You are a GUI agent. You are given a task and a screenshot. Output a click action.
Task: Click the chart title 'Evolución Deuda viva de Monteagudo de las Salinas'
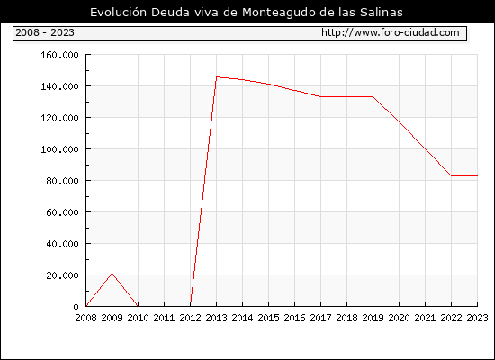click(x=247, y=13)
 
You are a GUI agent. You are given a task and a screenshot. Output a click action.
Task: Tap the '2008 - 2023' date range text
click(x=45, y=32)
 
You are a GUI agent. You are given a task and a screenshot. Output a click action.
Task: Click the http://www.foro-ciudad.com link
click(x=391, y=32)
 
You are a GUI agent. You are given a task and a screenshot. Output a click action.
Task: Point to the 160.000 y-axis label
click(x=59, y=55)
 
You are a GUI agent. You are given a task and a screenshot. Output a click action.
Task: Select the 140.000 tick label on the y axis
click(x=59, y=86)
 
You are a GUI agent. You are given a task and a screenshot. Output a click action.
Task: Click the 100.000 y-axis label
click(x=59, y=149)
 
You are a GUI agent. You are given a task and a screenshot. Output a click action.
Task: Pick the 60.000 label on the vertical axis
click(x=62, y=212)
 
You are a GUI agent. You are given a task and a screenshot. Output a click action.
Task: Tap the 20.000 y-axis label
click(x=62, y=275)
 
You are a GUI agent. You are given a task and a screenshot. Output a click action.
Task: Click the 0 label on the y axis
click(x=76, y=307)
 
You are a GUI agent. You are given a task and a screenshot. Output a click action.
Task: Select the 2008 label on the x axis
click(x=85, y=318)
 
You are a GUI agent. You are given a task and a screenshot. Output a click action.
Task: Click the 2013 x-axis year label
click(x=216, y=318)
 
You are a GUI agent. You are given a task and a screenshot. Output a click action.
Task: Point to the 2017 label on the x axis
click(x=320, y=318)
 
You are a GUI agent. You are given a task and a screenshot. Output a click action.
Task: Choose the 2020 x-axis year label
click(x=399, y=318)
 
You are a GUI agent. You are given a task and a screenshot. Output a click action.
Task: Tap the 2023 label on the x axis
click(x=477, y=318)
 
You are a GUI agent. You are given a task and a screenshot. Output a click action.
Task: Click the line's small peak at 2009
click(x=112, y=274)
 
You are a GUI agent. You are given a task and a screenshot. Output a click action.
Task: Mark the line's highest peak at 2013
click(x=217, y=76)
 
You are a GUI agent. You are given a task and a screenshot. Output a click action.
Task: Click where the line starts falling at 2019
click(x=373, y=96)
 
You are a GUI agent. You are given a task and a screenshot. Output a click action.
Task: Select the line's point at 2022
click(x=452, y=175)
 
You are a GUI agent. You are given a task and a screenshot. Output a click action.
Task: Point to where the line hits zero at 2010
click(x=138, y=306)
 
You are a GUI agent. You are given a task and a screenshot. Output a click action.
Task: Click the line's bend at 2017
click(x=320, y=96)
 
